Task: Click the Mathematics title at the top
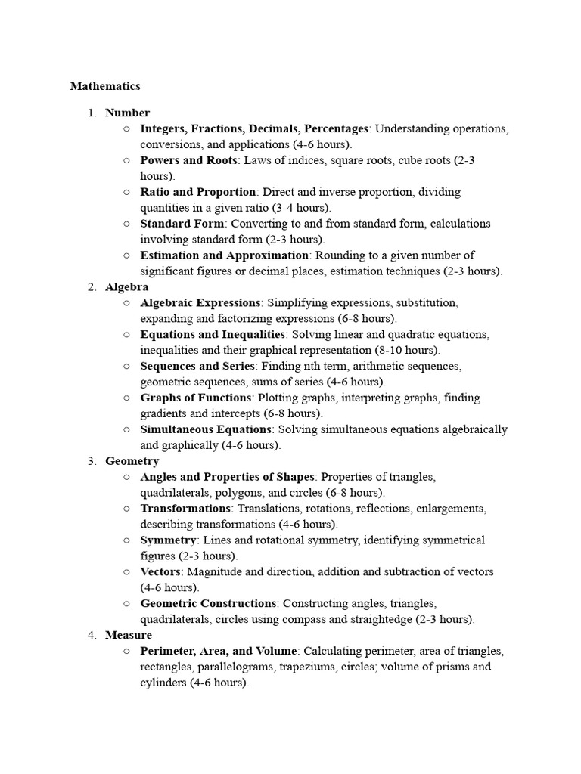tap(105, 86)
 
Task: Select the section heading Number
tap(127, 113)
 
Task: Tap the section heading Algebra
tap(127, 287)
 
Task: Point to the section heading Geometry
tap(132, 461)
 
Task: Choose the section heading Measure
tap(129, 635)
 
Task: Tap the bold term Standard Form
tap(182, 224)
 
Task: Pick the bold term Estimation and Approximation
tap(225, 255)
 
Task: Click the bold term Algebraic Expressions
tap(200, 303)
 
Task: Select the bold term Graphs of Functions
tap(196, 398)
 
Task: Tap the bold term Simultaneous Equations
tap(206, 429)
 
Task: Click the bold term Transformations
tap(185, 509)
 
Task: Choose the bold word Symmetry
tap(168, 540)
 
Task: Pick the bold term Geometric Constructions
tap(208, 604)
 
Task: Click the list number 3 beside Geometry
tap(91, 461)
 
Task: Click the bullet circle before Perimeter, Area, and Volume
tap(126, 651)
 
